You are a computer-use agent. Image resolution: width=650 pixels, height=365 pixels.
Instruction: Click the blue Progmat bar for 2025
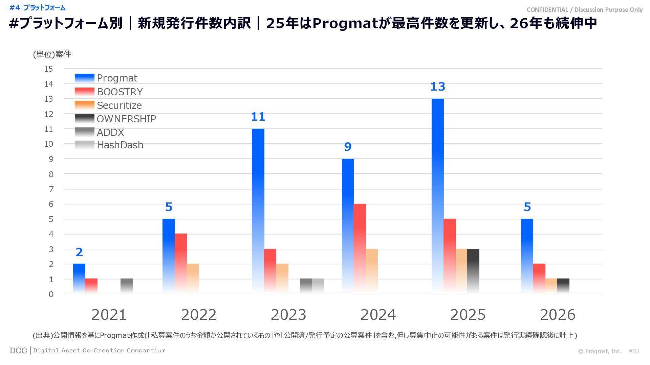(x=437, y=196)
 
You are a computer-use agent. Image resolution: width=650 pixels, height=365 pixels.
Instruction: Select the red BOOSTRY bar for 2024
(x=360, y=248)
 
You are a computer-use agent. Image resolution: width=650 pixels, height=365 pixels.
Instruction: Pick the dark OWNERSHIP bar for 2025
(x=473, y=271)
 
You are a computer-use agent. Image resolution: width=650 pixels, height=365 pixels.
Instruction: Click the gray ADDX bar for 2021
(x=127, y=286)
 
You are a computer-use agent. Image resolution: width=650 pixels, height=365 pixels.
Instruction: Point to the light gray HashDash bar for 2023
(x=318, y=286)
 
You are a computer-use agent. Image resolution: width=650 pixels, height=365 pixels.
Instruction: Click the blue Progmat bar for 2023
(x=258, y=211)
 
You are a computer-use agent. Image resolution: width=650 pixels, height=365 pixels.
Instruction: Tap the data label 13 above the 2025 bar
(x=437, y=87)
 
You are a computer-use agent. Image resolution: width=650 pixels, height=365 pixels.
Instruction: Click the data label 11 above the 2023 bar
(x=258, y=117)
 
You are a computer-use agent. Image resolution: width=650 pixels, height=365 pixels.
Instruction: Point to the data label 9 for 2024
(x=348, y=147)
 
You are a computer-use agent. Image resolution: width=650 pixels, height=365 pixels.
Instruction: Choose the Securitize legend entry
(x=119, y=105)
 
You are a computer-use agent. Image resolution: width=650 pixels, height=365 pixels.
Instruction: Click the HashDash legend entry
(x=120, y=145)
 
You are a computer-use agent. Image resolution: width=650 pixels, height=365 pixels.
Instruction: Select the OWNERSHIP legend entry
(x=126, y=119)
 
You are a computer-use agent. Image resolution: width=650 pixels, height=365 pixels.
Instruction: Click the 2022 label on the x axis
(x=199, y=315)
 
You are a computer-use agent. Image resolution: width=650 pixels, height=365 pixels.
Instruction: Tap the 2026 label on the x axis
(x=558, y=315)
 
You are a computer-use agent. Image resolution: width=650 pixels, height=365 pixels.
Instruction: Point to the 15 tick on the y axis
(x=49, y=69)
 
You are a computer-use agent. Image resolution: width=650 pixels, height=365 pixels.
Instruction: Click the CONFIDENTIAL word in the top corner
(x=547, y=10)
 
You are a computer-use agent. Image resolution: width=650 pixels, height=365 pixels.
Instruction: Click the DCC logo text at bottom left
(x=18, y=351)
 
